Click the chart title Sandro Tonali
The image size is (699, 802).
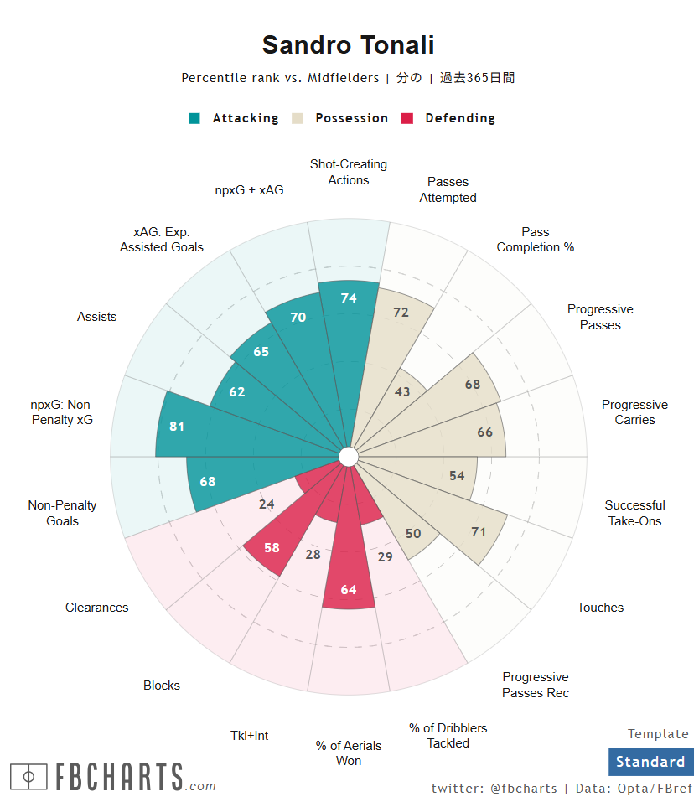[348, 45]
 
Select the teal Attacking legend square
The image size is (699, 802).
[194, 118]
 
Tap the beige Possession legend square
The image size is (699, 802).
[298, 118]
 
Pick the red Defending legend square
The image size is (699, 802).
[408, 118]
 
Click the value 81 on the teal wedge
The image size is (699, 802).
[177, 426]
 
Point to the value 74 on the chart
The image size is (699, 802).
[349, 298]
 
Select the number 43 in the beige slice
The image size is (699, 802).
[402, 391]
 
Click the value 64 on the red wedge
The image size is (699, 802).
[349, 589]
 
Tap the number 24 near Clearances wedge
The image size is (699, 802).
[267, 504]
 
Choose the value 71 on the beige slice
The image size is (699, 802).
[479, 531]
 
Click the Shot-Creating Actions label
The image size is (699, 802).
[349, 172]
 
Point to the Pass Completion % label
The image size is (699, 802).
[535, 240]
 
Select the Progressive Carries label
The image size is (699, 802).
[634, 412]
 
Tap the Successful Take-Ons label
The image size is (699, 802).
[634, 513]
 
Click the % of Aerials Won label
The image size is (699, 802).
[349, 753]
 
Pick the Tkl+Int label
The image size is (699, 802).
[250, 735]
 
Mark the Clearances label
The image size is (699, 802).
[97, 608]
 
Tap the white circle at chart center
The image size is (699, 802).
[349, 456]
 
